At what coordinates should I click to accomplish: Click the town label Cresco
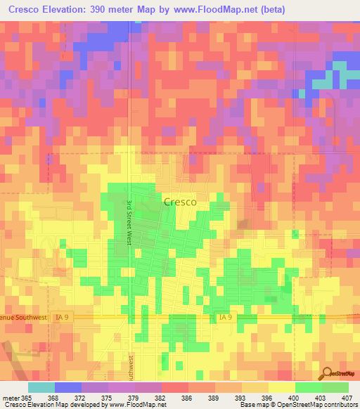tap(179, 201)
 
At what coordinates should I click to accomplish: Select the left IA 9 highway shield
tap(58, 318)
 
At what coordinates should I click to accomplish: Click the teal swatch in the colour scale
tap(41, 387)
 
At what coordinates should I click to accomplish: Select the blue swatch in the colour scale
tap(67, 387)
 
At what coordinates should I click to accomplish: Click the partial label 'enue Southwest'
tap(22, 318)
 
